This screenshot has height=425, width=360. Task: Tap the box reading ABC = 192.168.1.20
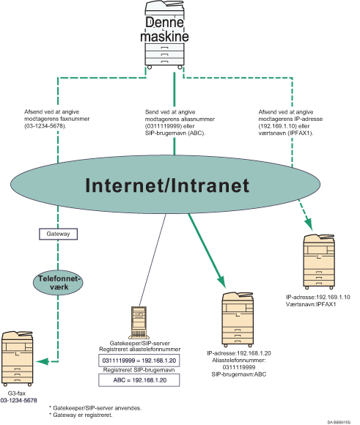[137, 380]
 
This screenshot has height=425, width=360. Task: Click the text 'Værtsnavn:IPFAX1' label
[315, 303]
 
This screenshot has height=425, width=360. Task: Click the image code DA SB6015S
[340, 421]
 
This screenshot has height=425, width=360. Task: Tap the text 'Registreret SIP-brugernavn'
[137, 371]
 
